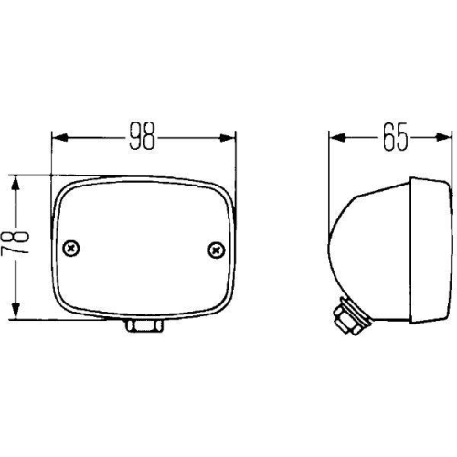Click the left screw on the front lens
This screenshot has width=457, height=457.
tap(72, 248)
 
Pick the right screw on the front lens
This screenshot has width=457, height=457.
tap(216, 248)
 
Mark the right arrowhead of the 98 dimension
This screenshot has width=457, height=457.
tap(229, 138)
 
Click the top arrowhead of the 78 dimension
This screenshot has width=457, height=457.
tap(15, 182)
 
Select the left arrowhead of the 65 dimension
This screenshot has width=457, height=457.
tap(335, 138)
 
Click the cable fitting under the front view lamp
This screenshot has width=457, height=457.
tap(143, 326)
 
